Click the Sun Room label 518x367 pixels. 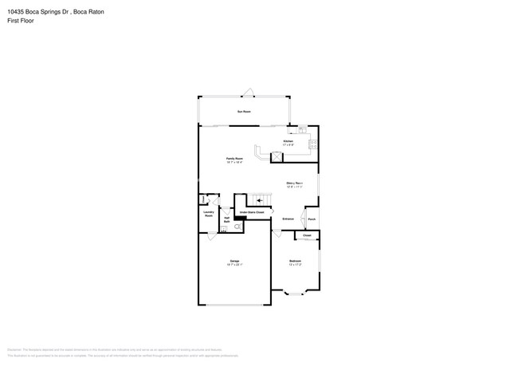coord(244,112)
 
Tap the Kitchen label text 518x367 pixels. coord(288,141)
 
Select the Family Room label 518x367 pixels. coord(234,159)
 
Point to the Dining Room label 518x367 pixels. coord(294,183)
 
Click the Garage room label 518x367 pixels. coord(234,261)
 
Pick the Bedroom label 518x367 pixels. coord(295,261)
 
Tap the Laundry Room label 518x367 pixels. coord(208,214)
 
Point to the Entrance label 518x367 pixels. coord(288,219)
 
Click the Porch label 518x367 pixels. coord(312,219)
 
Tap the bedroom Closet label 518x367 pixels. coord(307,235)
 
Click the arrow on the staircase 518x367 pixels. coord(259,199)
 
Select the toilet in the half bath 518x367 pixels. coord(237,227)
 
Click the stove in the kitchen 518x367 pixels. coord(313,144)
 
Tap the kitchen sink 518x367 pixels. coord(302,129)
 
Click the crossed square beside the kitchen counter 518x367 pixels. coord(277,156)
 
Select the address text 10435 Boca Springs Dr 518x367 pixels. coord(38,12)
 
